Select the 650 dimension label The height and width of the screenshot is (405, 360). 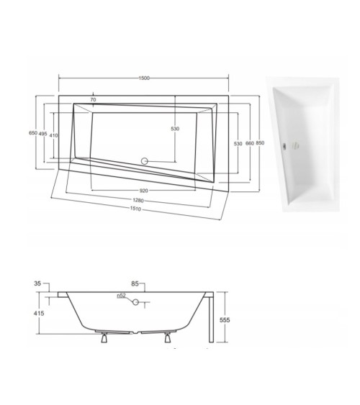[32, 133]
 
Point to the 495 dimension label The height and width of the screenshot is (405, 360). [42, 134]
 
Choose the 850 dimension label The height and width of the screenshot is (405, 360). [260, 143]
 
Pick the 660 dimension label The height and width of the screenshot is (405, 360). [249, 143]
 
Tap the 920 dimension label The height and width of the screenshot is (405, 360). [143, 191]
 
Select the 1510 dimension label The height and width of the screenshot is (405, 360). [135, 210]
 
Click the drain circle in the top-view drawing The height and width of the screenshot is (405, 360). [143, 162]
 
